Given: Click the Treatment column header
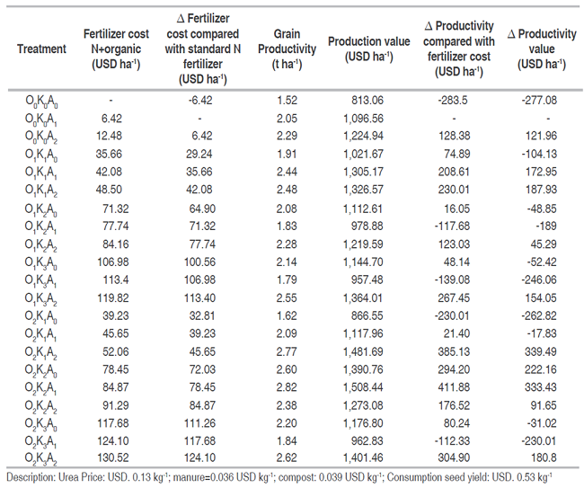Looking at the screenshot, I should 41,49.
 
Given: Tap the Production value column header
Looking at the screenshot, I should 367,49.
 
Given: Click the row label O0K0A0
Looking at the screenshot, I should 41,102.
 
